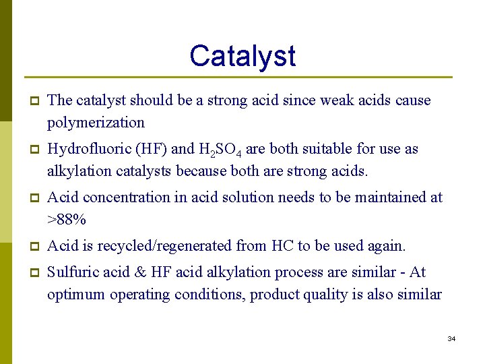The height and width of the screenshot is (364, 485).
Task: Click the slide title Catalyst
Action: coord(242,55)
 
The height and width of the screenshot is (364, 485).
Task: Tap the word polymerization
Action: coord(96,123)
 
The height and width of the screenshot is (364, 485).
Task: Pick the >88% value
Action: coord(66,220)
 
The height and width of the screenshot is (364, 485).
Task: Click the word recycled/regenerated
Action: coord(178,246)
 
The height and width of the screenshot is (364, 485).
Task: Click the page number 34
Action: coord(451,338)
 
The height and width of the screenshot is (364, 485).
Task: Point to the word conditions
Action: coord(208,295)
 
